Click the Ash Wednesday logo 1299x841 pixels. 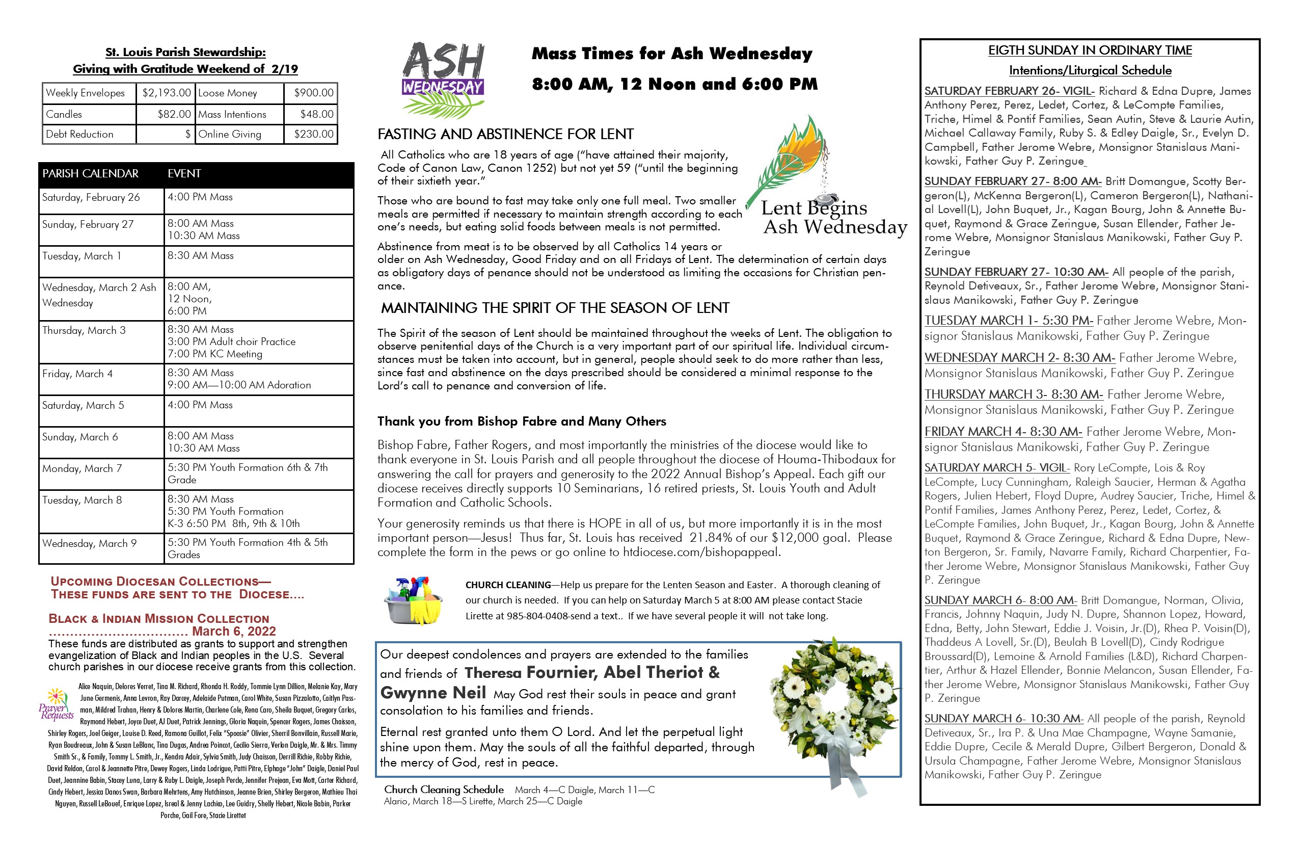(443, 79)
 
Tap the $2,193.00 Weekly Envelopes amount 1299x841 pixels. (166, 93)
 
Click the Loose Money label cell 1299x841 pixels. (228, 93)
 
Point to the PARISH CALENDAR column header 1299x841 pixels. (91, 174)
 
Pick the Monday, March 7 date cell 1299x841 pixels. (82, 468)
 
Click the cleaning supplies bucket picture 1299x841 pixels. (414, 601)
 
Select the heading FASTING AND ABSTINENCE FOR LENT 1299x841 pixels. (505, 135)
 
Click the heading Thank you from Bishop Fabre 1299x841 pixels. (521, 422)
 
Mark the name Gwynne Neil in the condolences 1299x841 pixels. (433, 693)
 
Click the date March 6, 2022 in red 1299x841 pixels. (234, 632)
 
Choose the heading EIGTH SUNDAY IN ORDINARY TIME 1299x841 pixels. (1090, 51)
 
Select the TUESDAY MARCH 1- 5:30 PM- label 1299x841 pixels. (1008, 321)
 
